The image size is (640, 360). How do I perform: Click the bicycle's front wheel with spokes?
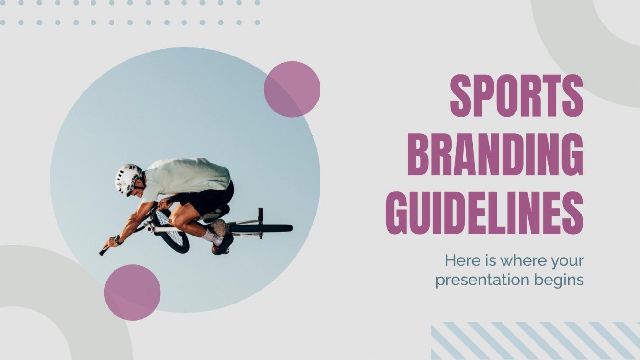pos(171,232)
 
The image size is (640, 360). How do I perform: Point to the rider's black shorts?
pos(211,197)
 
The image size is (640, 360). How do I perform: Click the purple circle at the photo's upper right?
pos(292,89)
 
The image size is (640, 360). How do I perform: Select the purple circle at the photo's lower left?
pos(132,292)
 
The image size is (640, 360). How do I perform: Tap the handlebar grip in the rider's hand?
pos(103,250)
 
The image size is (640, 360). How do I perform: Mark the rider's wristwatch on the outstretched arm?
pos(118,239)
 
